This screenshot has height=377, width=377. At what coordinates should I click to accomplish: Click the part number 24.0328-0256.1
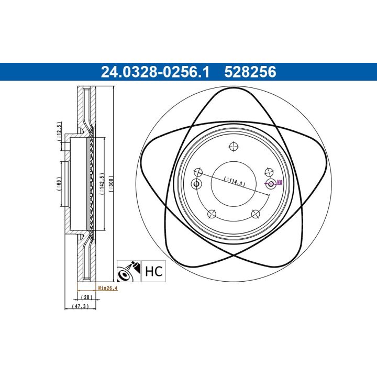[x=155, y=72]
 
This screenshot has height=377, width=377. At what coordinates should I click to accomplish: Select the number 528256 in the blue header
[x=250, y=72]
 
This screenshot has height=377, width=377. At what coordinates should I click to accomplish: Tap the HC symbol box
[x=153, y=271]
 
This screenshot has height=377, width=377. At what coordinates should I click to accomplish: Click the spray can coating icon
[x=129, y=271]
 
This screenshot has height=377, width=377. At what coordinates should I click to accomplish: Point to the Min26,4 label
[x=108, y=288]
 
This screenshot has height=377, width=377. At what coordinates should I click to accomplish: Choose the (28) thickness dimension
[x=86, y=297]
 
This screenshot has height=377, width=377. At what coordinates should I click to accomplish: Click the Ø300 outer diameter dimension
[x=111, y=183]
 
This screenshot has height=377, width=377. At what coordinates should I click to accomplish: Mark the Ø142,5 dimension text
[x=102, y=183]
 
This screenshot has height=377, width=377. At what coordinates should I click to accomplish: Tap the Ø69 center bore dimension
[x=59, y=184]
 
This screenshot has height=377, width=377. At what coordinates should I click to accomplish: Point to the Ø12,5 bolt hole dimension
[x=59, y=132]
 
